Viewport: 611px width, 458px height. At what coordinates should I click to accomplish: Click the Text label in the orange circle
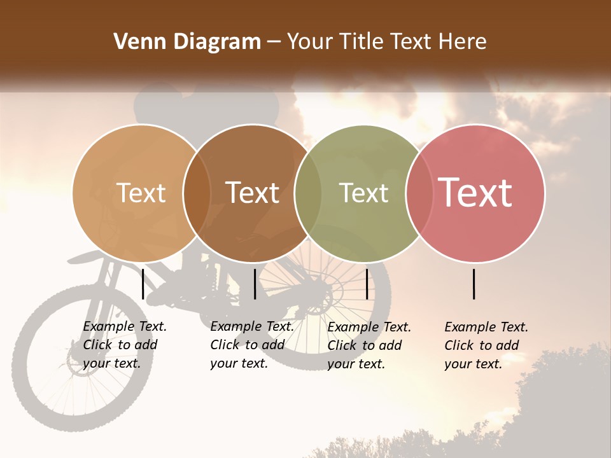(x=141, y=193)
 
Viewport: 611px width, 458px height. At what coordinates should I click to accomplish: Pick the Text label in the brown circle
(x=252, y=193)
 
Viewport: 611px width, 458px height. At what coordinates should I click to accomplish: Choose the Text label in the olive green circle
(x=363, y=193)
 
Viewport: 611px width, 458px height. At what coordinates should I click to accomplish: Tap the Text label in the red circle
(x=475, y=193)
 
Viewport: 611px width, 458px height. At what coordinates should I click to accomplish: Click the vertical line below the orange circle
(x=143, y=284)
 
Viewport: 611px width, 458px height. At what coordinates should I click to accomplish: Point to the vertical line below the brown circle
(x=255, y=284)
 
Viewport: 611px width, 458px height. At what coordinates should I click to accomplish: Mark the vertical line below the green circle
(x=367, y=284)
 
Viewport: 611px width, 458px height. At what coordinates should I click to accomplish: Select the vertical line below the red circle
(x=474, y=284)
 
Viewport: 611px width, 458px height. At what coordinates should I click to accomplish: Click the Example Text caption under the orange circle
(x=125, y=345)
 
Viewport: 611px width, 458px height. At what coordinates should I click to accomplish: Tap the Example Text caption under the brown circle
(x=252, y=345)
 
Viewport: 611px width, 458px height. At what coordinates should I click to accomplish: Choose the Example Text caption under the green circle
(x=369, y=345)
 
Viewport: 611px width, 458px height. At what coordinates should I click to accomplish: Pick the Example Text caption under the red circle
(x=486, y=345)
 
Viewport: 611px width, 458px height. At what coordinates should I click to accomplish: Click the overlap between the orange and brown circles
(x=197, y=193)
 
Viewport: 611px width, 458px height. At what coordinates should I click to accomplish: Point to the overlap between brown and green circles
(x=308, y=193)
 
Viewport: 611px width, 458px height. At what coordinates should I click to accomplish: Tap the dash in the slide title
(x=274, y=43)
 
